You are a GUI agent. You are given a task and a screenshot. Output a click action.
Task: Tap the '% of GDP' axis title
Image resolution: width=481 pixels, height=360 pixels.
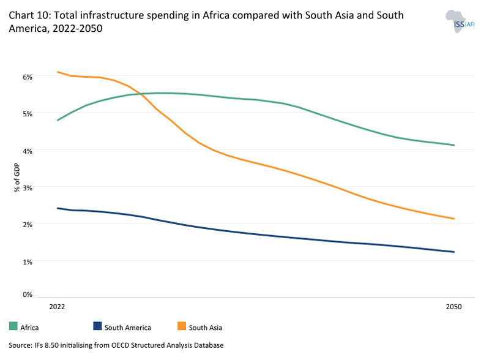coord(17,177)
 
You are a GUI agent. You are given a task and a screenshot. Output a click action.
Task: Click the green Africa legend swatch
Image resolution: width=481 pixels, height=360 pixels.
coord(13,328)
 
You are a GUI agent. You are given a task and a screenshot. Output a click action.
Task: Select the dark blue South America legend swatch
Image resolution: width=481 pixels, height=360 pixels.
coord(97,328)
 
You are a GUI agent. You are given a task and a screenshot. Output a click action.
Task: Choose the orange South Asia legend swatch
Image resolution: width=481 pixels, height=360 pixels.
coord(181,328)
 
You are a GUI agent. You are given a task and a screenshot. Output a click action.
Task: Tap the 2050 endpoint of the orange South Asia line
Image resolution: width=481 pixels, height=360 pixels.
coord(453,219)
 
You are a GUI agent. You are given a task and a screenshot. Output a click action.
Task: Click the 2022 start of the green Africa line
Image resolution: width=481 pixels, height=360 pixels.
coord(58,120)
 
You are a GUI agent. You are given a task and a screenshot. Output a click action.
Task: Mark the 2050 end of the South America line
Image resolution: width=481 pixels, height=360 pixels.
coord(453,252)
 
